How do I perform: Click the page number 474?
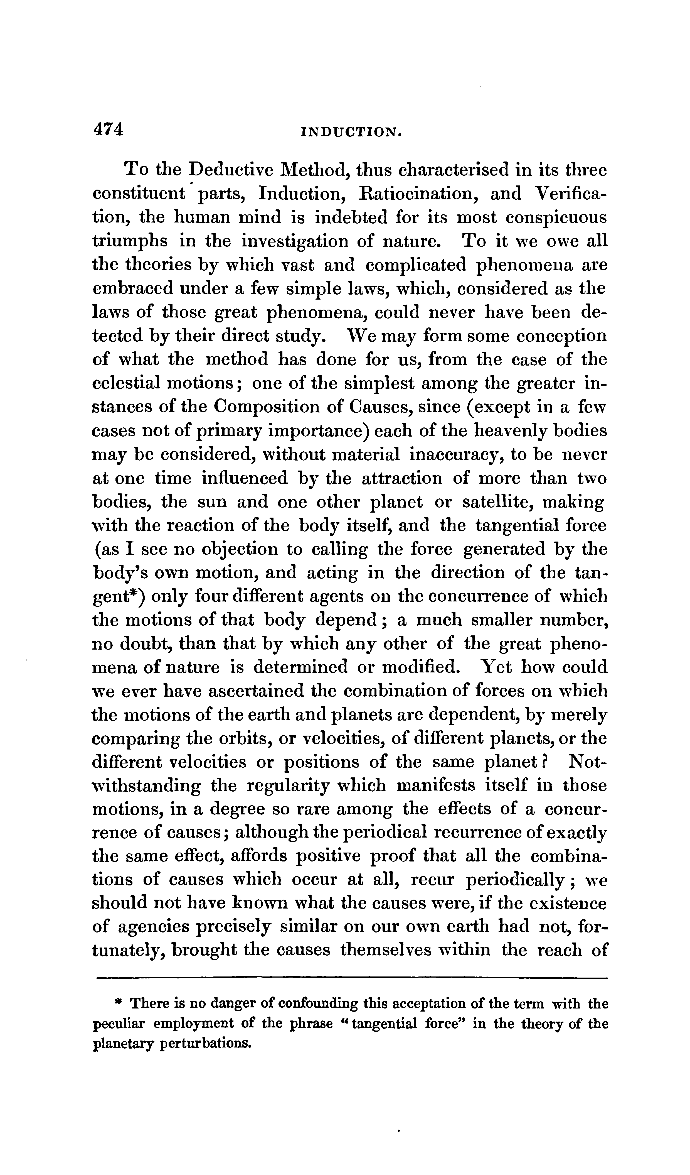point(109,129)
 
